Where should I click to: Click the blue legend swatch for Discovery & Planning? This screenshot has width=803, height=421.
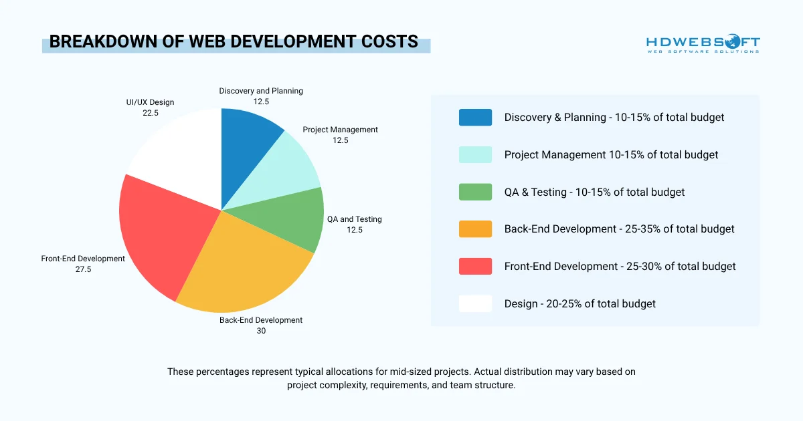coord(475,118)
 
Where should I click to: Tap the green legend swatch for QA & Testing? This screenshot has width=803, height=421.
coord(475,192)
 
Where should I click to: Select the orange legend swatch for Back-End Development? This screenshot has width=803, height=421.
coord(475,229)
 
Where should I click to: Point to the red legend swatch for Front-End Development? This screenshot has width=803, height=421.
coord(475,266)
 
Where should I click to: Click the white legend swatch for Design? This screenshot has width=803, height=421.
coord(475,303)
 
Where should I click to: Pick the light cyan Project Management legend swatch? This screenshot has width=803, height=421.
coord(475,154)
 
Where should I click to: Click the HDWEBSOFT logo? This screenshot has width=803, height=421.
coord(703,44)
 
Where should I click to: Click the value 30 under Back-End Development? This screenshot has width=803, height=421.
coord(261,330)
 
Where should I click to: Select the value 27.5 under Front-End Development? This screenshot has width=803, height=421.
coord(83,269)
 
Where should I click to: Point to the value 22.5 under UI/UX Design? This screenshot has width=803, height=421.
coord(150,113)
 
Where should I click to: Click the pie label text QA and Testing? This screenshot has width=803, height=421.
coord(354,219)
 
